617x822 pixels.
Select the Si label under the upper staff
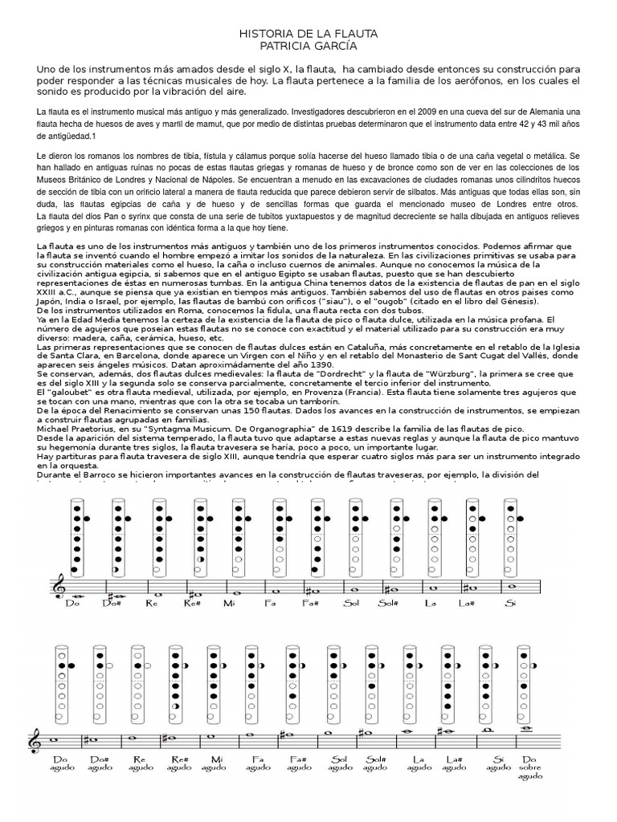pos(509,604)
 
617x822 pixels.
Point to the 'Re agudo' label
pos(140,763)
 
